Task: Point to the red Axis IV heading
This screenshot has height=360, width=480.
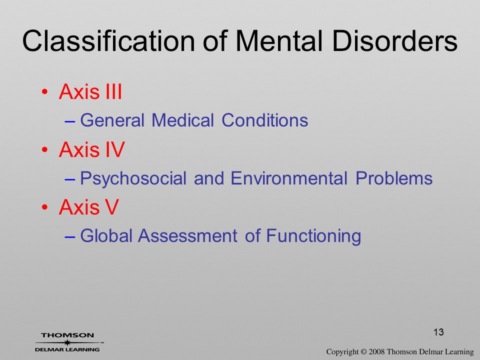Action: pyautogui.click(x=91, y=149)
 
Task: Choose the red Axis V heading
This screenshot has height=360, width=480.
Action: pyautogui.click(x=88, y=207)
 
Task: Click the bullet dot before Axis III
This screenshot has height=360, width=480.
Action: pyautogui.click(x=45, y=92)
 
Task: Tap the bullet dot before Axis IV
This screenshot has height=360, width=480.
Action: pyautogui.click(x=45, y=149)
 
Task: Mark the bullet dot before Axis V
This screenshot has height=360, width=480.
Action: pyautogui.click(x=45, y=207)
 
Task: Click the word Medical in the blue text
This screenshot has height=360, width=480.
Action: pyautogui.click(x=182, y=120)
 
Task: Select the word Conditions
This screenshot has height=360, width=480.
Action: pyautogui.click(x=265, y=120)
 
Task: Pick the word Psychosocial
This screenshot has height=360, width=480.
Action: pyautogui.click(x=133, y=178)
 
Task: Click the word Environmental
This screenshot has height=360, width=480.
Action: pyautogui.click(x=289, y=178)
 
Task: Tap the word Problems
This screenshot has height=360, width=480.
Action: pyautogui.click(x=394, y=178)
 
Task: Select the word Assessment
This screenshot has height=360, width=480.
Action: pyautogui.click(x=187, y=235)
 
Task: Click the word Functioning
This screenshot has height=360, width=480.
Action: pyautogui.click(x=313, y=236)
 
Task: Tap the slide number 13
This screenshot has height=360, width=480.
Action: pyautogui.click(x=438, y=332)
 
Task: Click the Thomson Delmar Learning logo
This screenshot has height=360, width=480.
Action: pyautogui.click(x=67, y=342)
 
